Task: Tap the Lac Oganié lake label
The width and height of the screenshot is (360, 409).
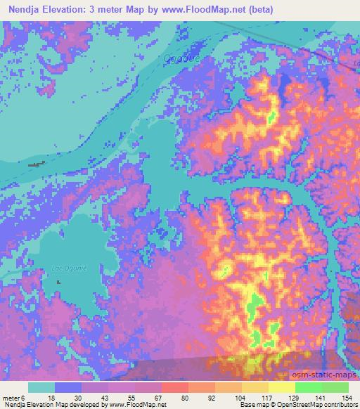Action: (65, 267)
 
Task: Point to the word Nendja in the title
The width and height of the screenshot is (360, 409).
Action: (21, 10)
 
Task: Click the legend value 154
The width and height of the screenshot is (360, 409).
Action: (347, 397)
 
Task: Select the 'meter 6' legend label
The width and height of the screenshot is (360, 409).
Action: (14, 397)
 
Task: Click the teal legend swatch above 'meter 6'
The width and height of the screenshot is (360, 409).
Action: (41, 387)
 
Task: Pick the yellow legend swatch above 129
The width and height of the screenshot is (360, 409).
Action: (282, 387)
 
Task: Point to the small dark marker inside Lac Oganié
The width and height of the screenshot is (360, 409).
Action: (58, 282)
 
